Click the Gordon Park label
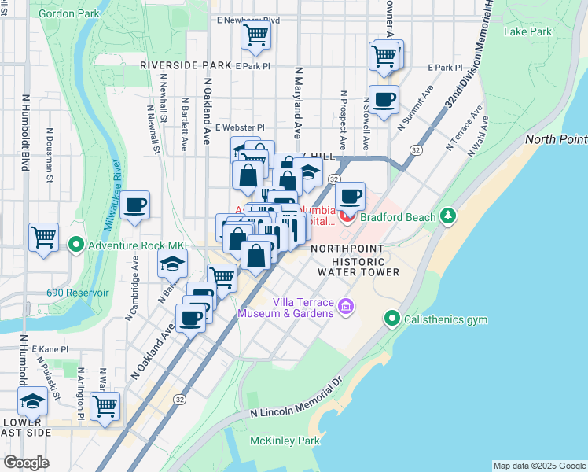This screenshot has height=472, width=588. point(69,13)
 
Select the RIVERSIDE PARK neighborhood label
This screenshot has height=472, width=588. point(186,65)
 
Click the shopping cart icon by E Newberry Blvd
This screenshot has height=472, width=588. point(255,35)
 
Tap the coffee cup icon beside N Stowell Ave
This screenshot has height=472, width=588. point(384,100)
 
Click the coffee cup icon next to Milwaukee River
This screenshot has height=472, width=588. point(135,205)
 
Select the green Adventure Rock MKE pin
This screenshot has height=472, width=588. point(76,244)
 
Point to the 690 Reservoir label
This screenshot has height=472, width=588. point(78,293)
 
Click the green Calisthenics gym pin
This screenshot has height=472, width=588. point(391,319)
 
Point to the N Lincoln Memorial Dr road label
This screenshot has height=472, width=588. point(297,400)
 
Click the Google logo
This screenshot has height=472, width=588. point(27,462)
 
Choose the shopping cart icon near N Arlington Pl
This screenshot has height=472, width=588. point(105,407)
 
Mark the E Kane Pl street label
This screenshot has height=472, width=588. point(50,348)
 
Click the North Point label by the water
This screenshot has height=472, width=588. point(556,139)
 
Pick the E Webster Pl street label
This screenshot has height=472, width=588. point(240,127)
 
